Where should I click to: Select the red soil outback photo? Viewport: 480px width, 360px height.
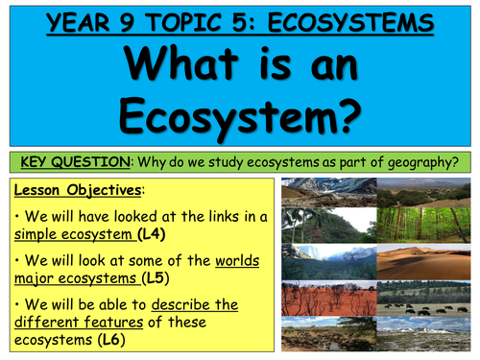[x=325, y=297]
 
